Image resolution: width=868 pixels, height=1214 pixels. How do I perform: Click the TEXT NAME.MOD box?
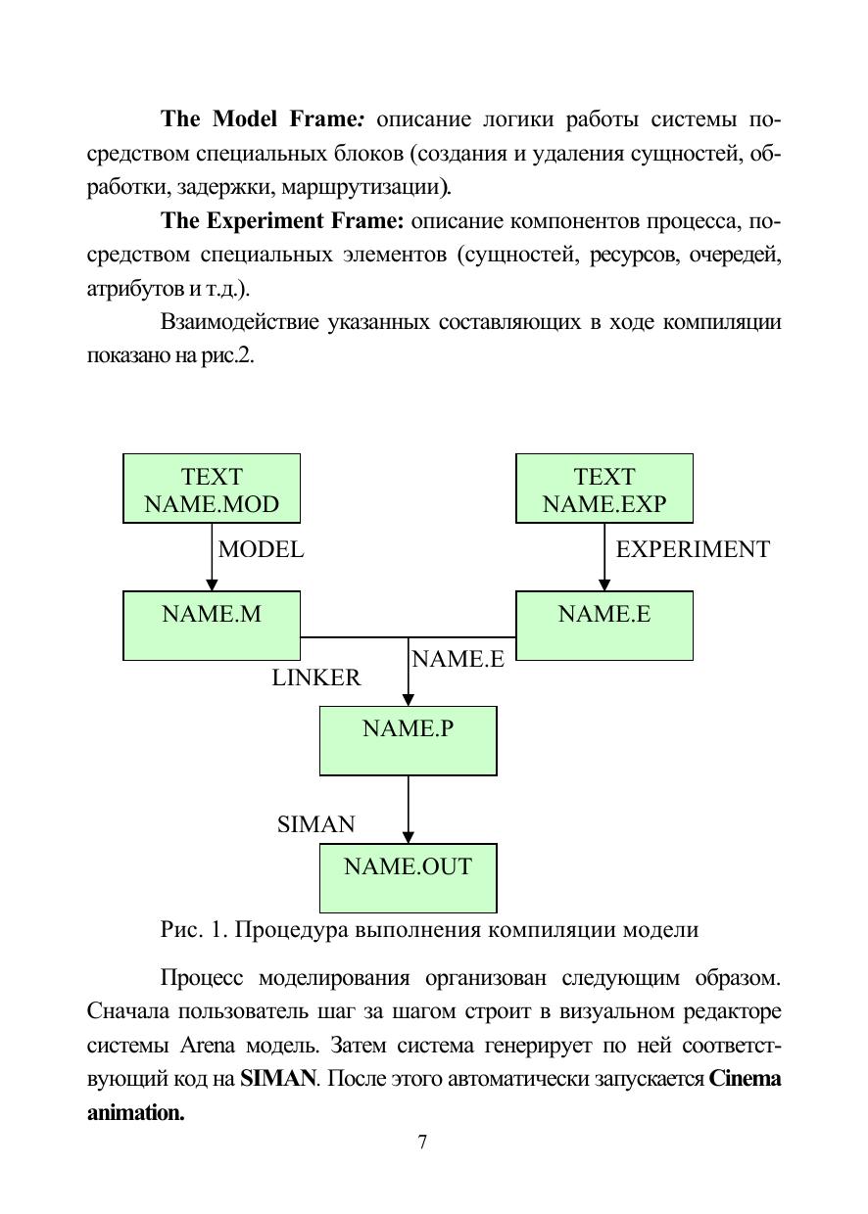click(x=212, y=489)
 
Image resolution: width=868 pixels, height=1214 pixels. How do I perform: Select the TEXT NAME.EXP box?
click(x=604, y=489)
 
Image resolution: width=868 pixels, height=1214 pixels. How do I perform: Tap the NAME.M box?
click(x=212, y=625)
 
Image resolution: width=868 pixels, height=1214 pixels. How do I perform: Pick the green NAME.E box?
click(x=604, y=625)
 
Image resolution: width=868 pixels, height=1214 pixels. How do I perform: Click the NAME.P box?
click(x=408, y=740)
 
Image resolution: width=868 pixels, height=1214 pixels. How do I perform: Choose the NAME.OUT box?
click(x=408, y=877)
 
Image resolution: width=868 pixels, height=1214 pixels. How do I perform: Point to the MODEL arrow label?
click(x=261, y=550)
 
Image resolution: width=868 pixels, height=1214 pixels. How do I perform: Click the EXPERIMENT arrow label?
click(x=693, y=550)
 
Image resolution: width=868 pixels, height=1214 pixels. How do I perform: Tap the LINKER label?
click(x=315, y=677)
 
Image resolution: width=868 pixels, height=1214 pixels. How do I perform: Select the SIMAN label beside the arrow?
click(x=315, y=824)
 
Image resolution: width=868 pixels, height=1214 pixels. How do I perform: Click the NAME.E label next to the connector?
click(x=458, y=660)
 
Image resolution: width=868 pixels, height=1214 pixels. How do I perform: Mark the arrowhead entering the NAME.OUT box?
click(x=409, y=837)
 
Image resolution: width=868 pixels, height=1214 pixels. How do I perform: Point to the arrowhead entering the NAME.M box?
click(x=213, y=584)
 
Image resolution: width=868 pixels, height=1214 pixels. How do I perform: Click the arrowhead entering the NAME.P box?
click(x=409, y=700)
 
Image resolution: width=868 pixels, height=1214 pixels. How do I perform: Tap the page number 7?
click(x=422, y=1142)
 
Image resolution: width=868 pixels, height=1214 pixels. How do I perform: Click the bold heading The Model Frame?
click(x=263, y=119)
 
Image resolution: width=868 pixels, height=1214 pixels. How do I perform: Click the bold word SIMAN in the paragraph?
click(x=278, y=1079)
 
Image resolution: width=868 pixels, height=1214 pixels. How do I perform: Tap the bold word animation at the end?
click(x=135, y=1113)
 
